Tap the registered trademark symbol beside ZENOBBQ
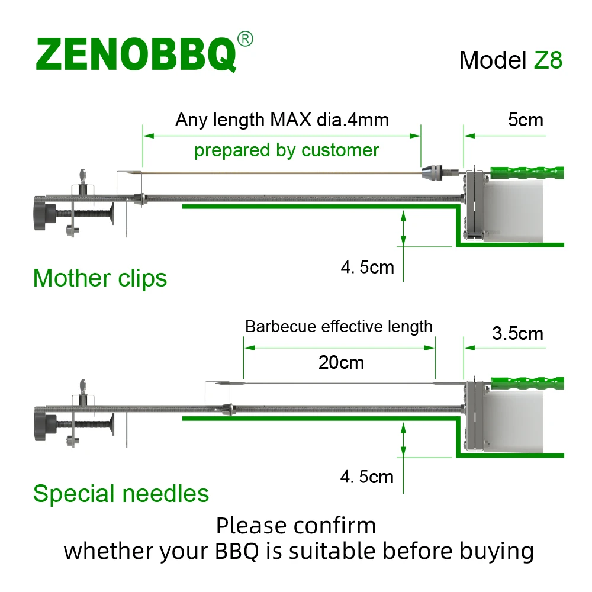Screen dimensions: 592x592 coord(245,39)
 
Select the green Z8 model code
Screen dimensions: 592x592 coord(548,60)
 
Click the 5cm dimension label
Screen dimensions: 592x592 coord(525,120)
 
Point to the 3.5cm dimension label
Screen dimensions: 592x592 coord(517,333)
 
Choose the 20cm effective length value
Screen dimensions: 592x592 coord(341,362)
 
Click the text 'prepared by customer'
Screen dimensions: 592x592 coord(287,150)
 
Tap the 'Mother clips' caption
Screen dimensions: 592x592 coord(100,278)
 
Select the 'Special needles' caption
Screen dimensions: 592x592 coord(121,493)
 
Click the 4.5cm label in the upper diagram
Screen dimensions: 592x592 coord(367,267)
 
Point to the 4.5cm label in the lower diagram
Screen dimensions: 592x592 coord(367,477)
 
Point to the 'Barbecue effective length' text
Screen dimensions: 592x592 coord(339,326)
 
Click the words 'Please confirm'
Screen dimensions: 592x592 coord(295,525)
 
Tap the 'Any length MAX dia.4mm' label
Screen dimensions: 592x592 coord(282,120)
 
